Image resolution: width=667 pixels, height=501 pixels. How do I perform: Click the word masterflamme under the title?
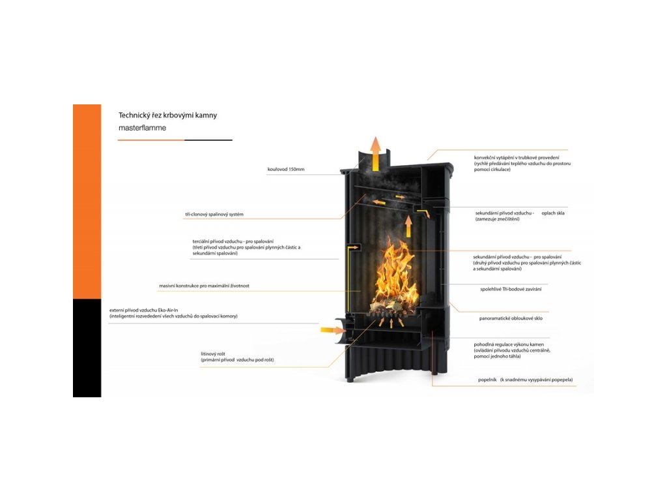pyautogui.click(x=142, y=128)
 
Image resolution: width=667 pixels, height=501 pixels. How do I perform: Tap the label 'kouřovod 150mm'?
pyautogui.click(x=285, y=170)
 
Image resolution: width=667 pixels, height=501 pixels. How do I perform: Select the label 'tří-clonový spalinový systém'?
pyautogui.click(x=214, y=214)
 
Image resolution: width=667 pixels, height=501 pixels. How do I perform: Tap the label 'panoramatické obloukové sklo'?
pyautogui.click(x=511, y=318)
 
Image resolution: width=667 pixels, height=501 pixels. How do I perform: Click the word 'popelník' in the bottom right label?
pyautogui.click(x=487, y=379)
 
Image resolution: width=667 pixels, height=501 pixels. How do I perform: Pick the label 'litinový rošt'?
pyautogui.click(x=214, y=354)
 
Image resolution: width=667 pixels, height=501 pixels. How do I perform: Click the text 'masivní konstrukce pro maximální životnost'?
pyautogui.click(x=204, y=286)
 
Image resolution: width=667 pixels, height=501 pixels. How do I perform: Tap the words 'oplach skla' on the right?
pyautogui.click(x=553, y=213)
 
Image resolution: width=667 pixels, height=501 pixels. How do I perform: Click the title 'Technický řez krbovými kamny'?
pyautogui.click(x=167, y=115)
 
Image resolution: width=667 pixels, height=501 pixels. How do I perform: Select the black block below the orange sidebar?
pyautogui.click(x=87, y=348)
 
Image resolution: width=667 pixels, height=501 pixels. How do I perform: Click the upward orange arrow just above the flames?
pyautogui.click(x=408, y=226)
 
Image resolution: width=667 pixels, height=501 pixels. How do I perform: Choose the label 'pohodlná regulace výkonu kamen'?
pyautogui.click(x=509, y=344)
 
